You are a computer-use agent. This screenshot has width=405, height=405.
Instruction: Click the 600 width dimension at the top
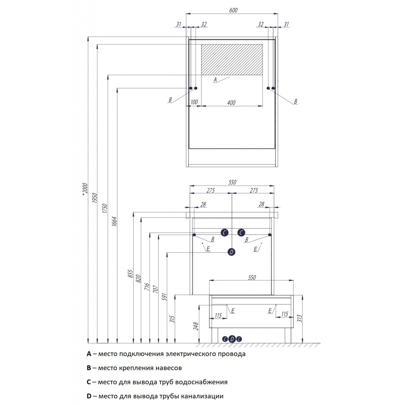click(233, 10)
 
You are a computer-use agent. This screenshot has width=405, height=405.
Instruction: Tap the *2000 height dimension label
click(85, 189)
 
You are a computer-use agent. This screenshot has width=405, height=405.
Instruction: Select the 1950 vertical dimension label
click(95, 198)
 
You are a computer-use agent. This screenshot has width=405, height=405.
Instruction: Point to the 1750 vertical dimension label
click(104, 208)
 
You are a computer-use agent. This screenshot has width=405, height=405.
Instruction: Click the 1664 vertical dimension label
click(114, 221)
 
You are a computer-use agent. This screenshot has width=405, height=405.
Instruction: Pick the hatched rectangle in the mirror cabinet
click(232, 60)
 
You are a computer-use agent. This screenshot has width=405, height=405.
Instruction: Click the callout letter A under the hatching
click(215, 79)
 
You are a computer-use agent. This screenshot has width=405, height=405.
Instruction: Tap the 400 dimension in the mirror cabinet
click(231, 102)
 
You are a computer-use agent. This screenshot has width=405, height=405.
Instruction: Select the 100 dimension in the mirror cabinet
click(194, 102)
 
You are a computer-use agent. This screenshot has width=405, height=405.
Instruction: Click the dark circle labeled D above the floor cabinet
click(231, 252)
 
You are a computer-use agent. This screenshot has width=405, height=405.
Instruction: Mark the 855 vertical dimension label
click(131, 274)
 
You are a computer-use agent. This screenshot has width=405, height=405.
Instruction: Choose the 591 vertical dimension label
click(165, 297)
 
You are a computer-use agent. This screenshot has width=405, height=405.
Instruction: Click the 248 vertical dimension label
click(196, 326)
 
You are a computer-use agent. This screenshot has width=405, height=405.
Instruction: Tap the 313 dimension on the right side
click(299, 318)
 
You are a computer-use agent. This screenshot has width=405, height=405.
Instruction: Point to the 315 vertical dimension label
click(172, 319)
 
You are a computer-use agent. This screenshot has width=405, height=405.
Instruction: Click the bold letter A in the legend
click(89, 354)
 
